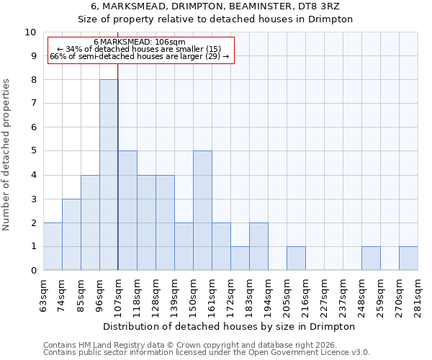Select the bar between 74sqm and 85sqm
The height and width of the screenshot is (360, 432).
pos(71,235)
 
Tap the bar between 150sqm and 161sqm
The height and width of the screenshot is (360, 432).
pos(202,211)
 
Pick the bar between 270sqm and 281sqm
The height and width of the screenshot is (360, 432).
pos(408,258)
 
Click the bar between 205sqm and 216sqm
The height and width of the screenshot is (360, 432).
pos(296,258)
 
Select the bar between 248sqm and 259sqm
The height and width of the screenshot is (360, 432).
pos(371,258)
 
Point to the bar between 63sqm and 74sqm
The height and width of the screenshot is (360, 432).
pos(53,247)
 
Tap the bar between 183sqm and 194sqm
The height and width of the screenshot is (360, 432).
pos(258,247)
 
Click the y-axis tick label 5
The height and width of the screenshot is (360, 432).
pos(32,151)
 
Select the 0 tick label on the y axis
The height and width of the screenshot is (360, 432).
pos(32,271)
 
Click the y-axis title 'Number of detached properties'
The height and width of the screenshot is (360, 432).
pos(7,155)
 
